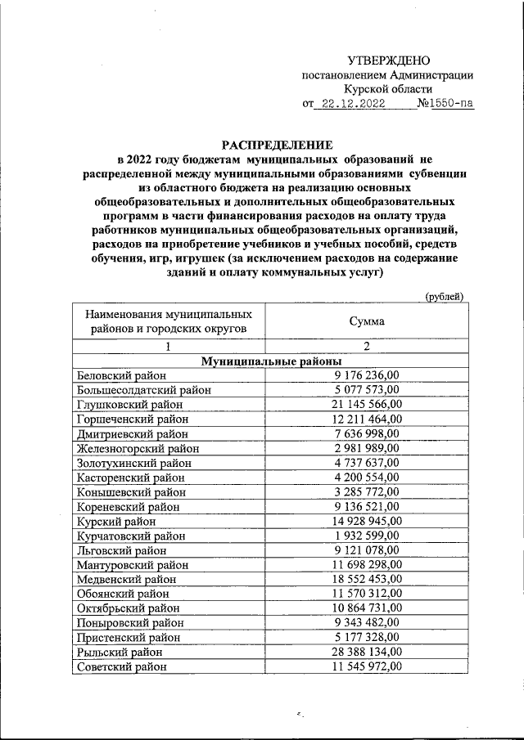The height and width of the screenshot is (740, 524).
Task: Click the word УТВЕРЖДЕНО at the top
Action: click(x=388, y=61)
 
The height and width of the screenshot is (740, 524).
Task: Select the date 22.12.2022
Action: click(x=354, y=105)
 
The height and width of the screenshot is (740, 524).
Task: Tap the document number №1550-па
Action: click(x=445, y=105)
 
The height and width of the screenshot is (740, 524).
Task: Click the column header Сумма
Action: click(x=367, y=321)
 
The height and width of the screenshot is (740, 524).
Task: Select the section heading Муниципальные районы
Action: click(x=271, y=361)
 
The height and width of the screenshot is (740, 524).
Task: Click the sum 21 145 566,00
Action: click(x=367, y=404)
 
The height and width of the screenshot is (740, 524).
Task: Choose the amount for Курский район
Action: click(x=367, y=521)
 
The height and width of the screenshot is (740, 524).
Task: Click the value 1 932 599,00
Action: click(x=367, y=536)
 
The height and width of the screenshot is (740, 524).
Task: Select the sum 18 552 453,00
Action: click(x=367, y=579)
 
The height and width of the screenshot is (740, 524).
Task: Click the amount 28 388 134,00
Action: click(x=367, y=652)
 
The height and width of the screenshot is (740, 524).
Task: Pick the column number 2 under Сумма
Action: click(x=367, y=347)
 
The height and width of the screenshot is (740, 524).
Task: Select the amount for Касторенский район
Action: click(x=367, y=478)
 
